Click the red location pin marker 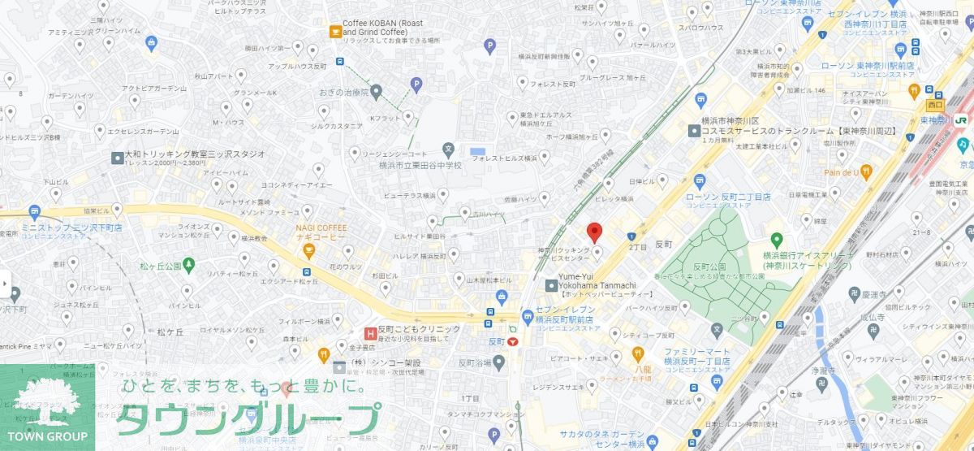595,232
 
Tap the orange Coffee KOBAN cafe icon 334,31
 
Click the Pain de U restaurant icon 866,171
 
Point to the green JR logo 962,119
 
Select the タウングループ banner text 248,418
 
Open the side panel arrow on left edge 5,284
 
